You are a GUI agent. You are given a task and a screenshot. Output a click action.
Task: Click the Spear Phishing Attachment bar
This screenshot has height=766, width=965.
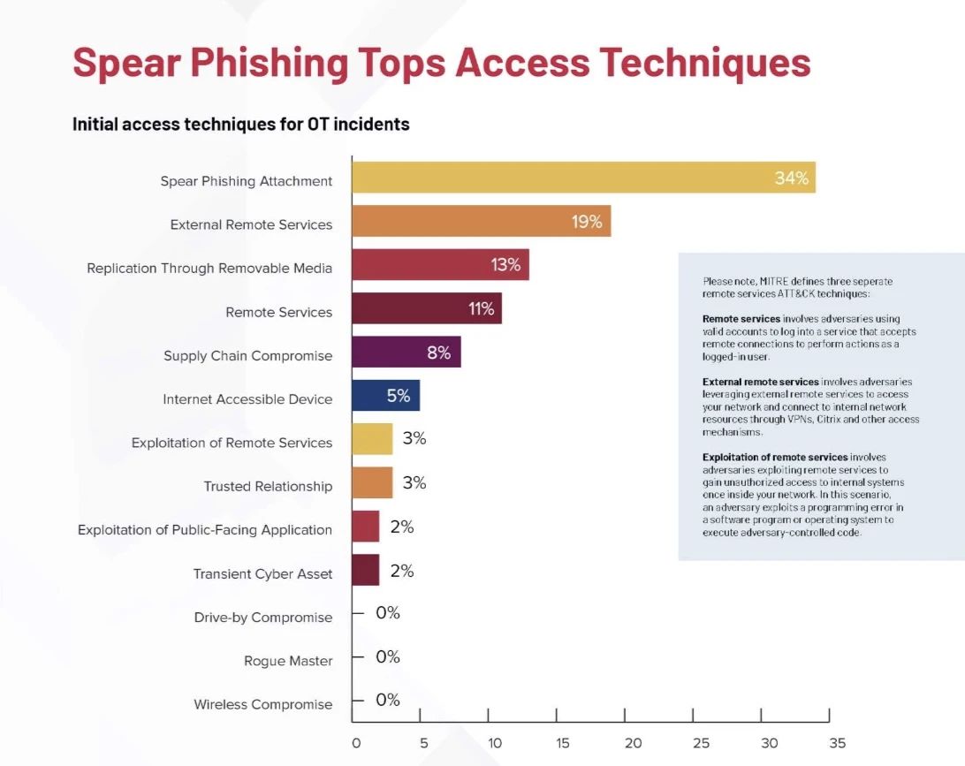[x=583, y=178]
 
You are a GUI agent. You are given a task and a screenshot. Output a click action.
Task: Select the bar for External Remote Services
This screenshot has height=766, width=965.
[x=481, y=222]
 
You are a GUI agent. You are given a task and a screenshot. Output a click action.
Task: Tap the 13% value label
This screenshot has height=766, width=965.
[x=505, y=264]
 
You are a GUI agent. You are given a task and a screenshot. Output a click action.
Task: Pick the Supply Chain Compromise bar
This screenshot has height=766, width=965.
[x=406, y=352]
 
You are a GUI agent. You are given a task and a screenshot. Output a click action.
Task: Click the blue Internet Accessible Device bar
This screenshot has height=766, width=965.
[x=385, y=396]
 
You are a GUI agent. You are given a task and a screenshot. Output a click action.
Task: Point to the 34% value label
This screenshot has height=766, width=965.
[x=791, y=178]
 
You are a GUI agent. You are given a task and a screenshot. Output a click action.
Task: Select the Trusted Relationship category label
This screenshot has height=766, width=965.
[x=268, y=486]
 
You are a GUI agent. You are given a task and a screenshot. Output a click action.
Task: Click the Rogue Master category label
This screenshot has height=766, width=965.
[x=288, y=661]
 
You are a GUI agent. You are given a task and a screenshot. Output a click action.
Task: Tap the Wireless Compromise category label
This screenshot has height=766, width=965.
[x=263, y=704]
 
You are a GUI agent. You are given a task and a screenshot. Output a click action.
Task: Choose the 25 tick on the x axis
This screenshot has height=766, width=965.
[x=701, y=743]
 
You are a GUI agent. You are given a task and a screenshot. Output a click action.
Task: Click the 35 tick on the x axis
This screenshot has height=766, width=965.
[x=838, y=743]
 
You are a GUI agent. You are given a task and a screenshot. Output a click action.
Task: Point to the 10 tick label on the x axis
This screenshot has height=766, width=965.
[x=493, y=743]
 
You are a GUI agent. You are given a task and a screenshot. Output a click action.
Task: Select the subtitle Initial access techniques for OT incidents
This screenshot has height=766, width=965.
[x=240, y=125]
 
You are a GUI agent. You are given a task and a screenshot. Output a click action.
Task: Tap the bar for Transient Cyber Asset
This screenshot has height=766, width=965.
[x=365, y=570]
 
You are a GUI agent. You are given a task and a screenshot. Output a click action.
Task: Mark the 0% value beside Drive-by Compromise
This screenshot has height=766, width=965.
[x=388, y=613]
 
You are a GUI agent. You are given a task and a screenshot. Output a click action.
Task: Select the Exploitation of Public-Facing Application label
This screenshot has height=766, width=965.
[x=205, y=530]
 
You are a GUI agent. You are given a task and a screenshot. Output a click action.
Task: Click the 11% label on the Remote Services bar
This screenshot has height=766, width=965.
[x=482, y=308]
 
